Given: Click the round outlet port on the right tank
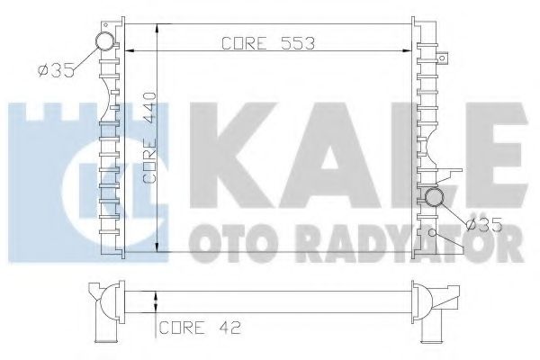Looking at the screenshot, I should (x=435, y=198).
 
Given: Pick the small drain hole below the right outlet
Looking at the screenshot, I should (x=433, y=232).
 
